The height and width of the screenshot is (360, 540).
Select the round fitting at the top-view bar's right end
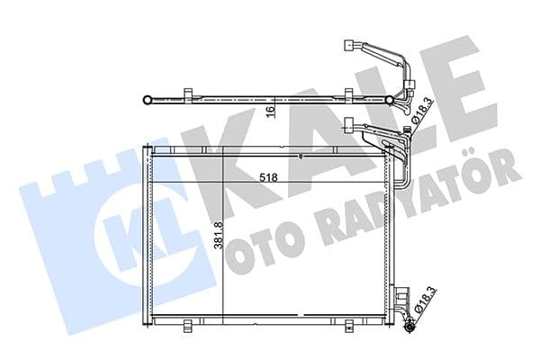tap(390, 99)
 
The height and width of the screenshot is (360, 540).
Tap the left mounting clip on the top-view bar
tap(187, 95)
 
